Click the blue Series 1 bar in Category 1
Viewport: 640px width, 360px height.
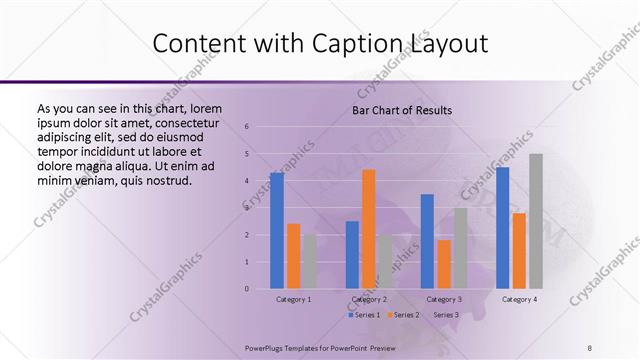coord(277,231)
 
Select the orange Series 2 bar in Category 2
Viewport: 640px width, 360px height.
coord(368,229)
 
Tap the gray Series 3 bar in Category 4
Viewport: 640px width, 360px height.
coord(536,221)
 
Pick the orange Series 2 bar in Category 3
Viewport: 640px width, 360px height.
coord(444,264)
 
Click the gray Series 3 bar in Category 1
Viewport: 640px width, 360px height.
coord(309,261)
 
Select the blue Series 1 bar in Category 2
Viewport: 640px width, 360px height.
coord(352,255)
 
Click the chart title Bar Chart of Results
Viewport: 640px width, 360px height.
coord(402,110)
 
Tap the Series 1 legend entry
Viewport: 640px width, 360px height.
coord(363,315)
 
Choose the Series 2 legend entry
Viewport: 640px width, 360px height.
coord(403,315)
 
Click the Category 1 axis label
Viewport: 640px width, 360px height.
coord(293,299)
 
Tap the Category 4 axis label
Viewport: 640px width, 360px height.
coord(519,299)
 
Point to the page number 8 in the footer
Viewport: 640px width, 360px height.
coord(590,347)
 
